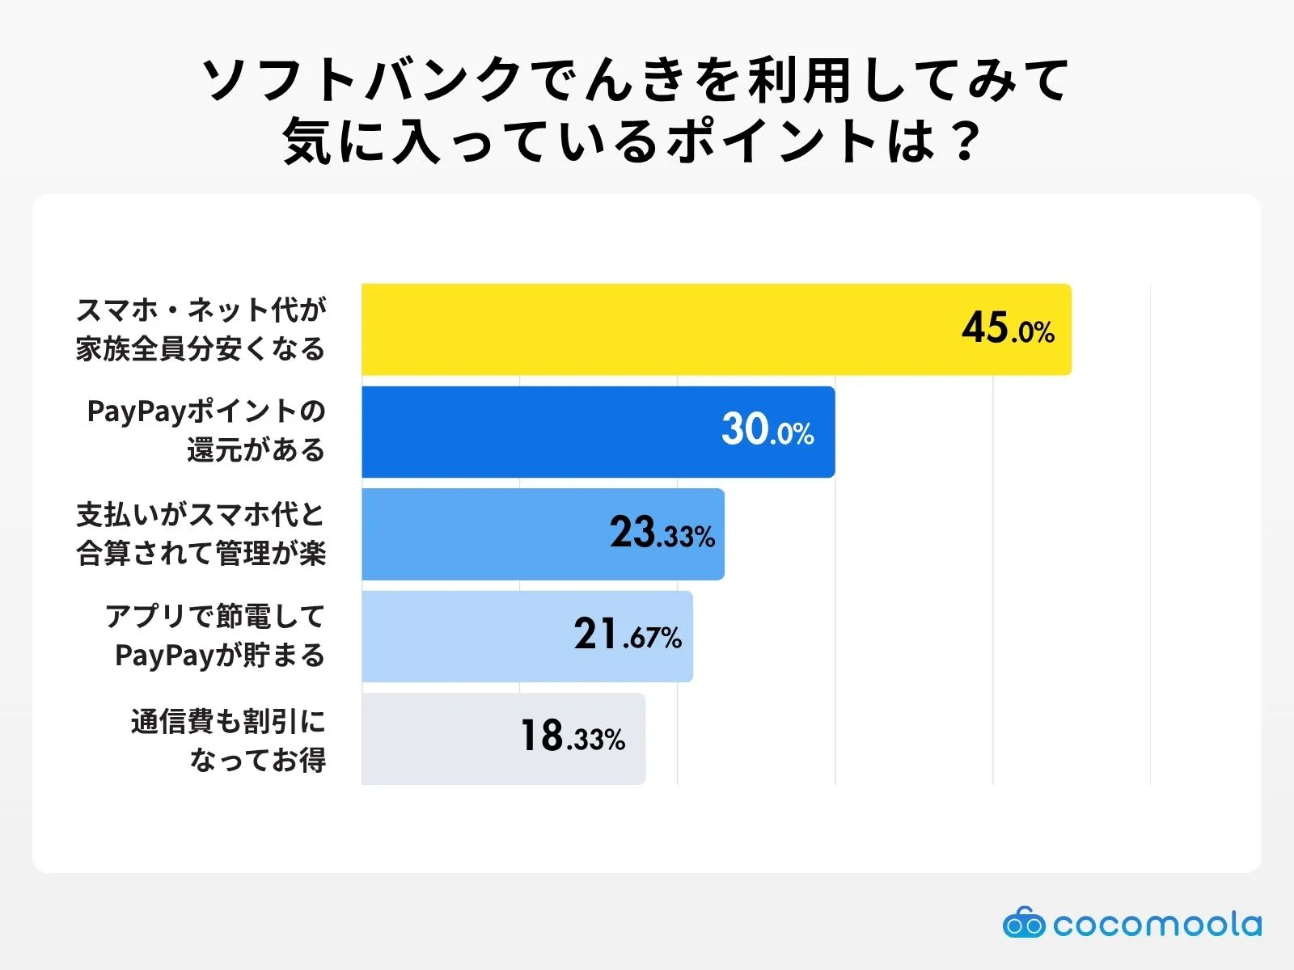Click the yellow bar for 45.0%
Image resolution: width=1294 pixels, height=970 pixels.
tap(647, 329)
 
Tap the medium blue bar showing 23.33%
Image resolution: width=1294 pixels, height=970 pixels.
tap(485, 533)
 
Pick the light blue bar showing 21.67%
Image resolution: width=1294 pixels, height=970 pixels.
tap(469, 636)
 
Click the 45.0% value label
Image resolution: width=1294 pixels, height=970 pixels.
tap(1008, 329)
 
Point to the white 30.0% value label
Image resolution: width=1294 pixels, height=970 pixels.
tap(768, 430)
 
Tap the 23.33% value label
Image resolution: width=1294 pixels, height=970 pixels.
tap(662, 533)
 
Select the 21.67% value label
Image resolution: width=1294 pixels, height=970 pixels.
tap(628, 635)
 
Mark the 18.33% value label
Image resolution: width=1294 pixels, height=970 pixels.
tap(573, 737)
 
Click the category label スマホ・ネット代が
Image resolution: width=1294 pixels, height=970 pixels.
tap(201, 310)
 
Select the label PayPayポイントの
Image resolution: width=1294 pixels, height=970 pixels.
tap(206, 411)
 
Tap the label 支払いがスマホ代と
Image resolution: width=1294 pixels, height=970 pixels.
tap(201, 514)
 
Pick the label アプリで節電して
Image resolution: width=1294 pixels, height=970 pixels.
tap(215, 616)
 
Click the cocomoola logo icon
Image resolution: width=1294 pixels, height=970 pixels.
tap(1023, 923)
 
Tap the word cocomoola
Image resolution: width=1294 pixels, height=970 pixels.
tap(1157, 924)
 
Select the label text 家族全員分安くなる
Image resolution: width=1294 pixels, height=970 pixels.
tap(201, 349)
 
